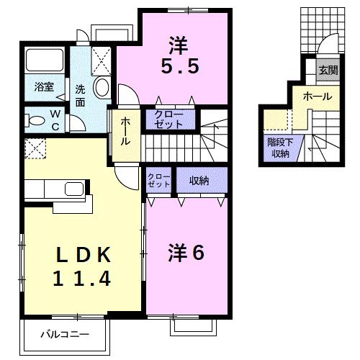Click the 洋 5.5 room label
(x=179, y=56)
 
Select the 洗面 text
(x=81, y=96)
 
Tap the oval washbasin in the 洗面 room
(x=102, y=89)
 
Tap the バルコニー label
(x=65, y=335)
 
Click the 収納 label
(x=199, y=181)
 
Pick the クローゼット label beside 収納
(x=158, y=181)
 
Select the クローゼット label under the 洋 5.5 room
(x=169, y=120)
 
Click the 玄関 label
(x=328, y=70)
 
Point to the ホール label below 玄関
(x=317, y=96)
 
